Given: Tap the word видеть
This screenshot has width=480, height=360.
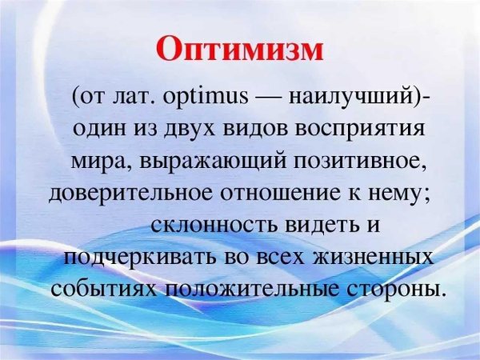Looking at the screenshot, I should point(324,224).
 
